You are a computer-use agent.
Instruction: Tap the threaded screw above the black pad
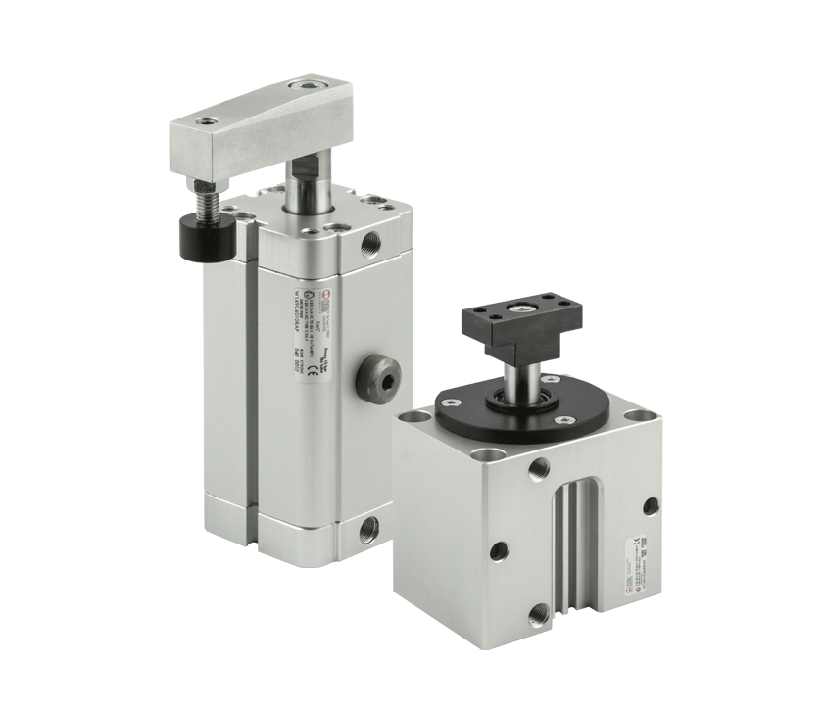[208, 204]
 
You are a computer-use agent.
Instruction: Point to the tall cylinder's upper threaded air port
[370, 241]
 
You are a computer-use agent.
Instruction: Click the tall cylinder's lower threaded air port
[368, 531]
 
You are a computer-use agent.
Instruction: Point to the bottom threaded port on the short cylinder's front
[538, 616]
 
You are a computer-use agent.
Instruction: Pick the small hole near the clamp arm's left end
[206, 123]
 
